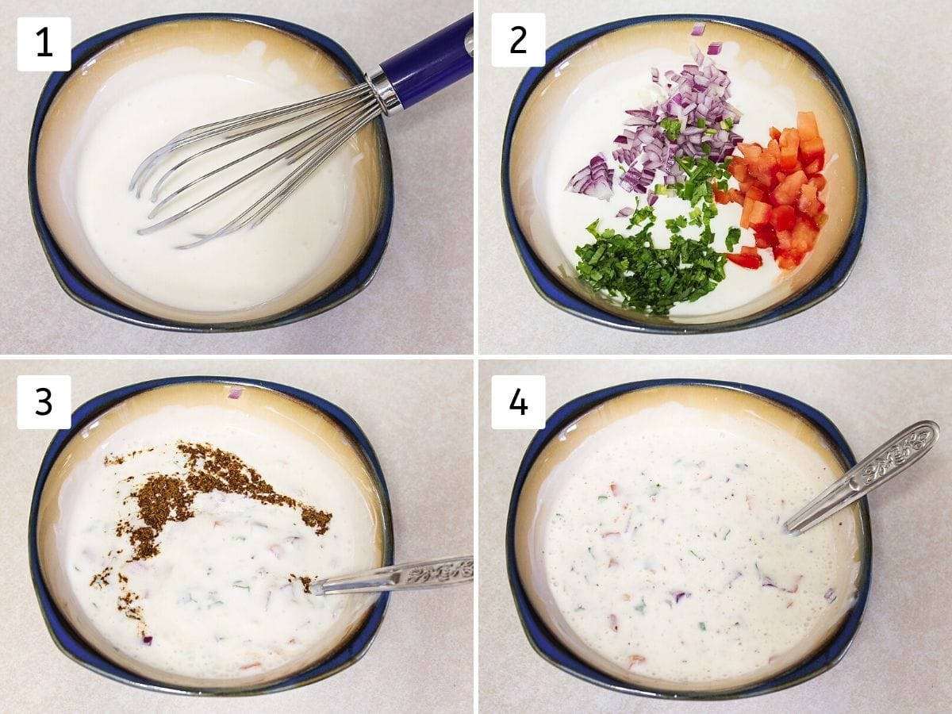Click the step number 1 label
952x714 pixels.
pos(44,44)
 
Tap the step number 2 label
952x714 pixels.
pos(518,40)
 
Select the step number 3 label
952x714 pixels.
pos(44,402)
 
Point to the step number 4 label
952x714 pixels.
pos(518,402)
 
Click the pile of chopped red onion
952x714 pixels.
pos(677,125)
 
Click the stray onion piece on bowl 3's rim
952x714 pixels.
pos(235,393)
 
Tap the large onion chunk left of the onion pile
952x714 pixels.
pos(590,177)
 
